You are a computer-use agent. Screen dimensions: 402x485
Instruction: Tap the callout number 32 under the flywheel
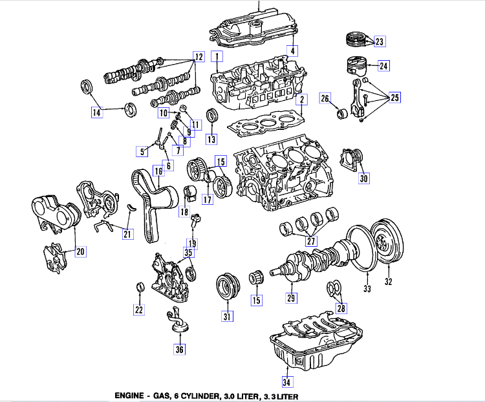tap(389, 281)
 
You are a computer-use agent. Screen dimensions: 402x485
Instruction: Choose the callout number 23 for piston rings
tap(379, 42)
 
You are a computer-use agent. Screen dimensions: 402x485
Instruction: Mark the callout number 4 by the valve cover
tap(292, 51)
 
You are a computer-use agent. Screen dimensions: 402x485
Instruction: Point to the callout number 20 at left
tap(80, 251)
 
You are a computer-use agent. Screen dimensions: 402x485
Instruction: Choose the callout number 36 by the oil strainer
tap(179, 350)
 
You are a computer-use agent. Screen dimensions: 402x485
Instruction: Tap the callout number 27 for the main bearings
tap(311, 240)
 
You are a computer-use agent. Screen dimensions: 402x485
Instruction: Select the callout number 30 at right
tap(364, 178)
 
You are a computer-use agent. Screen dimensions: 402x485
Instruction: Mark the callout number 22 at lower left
tap(139, 310)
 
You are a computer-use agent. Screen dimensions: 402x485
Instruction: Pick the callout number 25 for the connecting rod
tap(395, 98)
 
